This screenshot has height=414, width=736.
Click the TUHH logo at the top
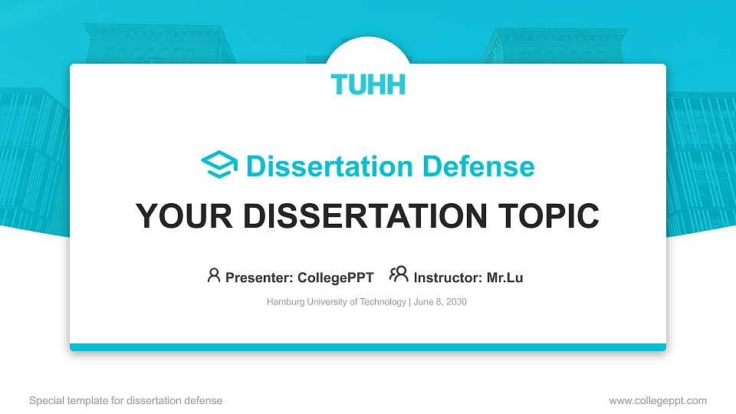(368, 84)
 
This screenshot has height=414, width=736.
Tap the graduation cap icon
(219, 166)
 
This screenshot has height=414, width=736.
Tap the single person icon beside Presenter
(214, 275)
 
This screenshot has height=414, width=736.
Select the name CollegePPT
(334, 278)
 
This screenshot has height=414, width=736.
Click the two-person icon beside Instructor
(399, 274)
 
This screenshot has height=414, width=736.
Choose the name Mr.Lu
(505, 278)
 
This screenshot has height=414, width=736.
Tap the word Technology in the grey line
(385, 302)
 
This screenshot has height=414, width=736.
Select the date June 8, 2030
(440, 302)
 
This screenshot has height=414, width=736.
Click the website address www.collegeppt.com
(658, 400)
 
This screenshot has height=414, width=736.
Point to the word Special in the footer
(44, 400)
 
